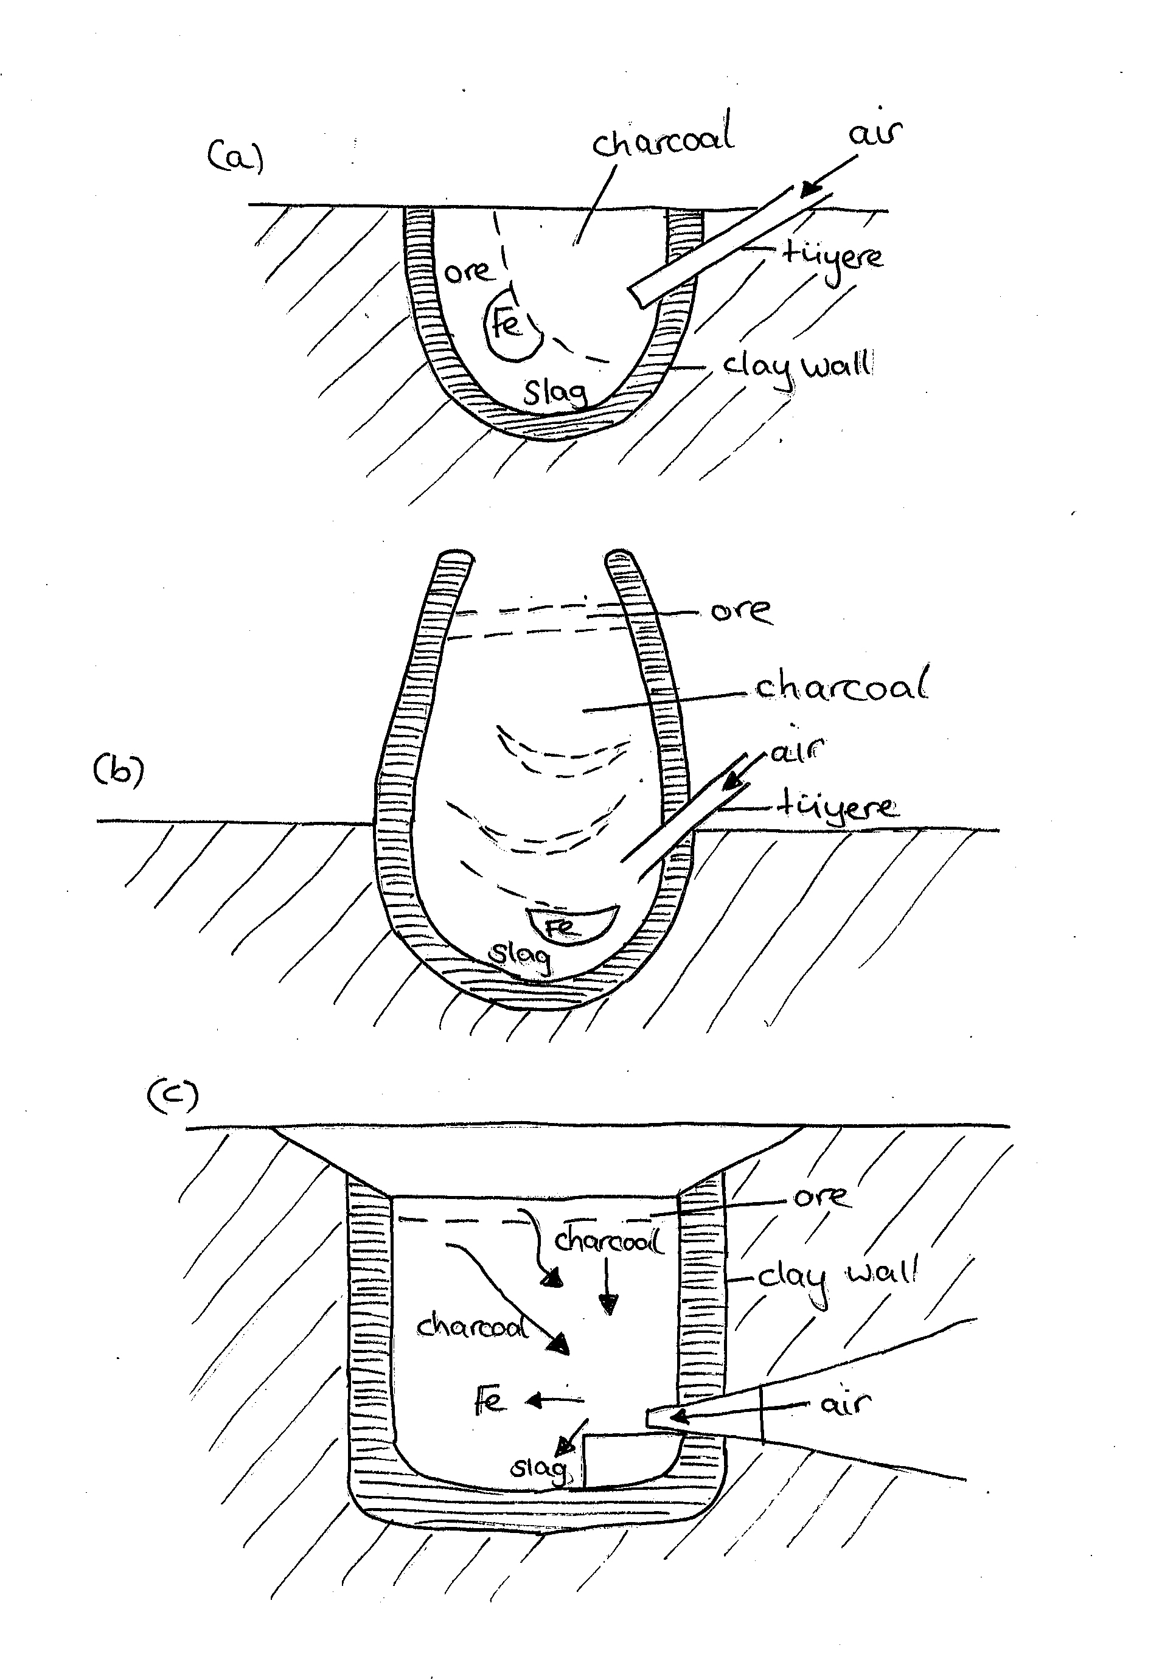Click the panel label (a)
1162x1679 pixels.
[234, 156]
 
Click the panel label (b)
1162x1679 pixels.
[119, 770]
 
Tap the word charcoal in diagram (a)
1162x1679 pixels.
[663, 138]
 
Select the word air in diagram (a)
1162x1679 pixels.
[874, 133]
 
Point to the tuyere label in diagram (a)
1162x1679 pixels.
[833, 259]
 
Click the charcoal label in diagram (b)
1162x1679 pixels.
[841, 687]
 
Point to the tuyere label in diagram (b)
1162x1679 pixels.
[837, 807]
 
